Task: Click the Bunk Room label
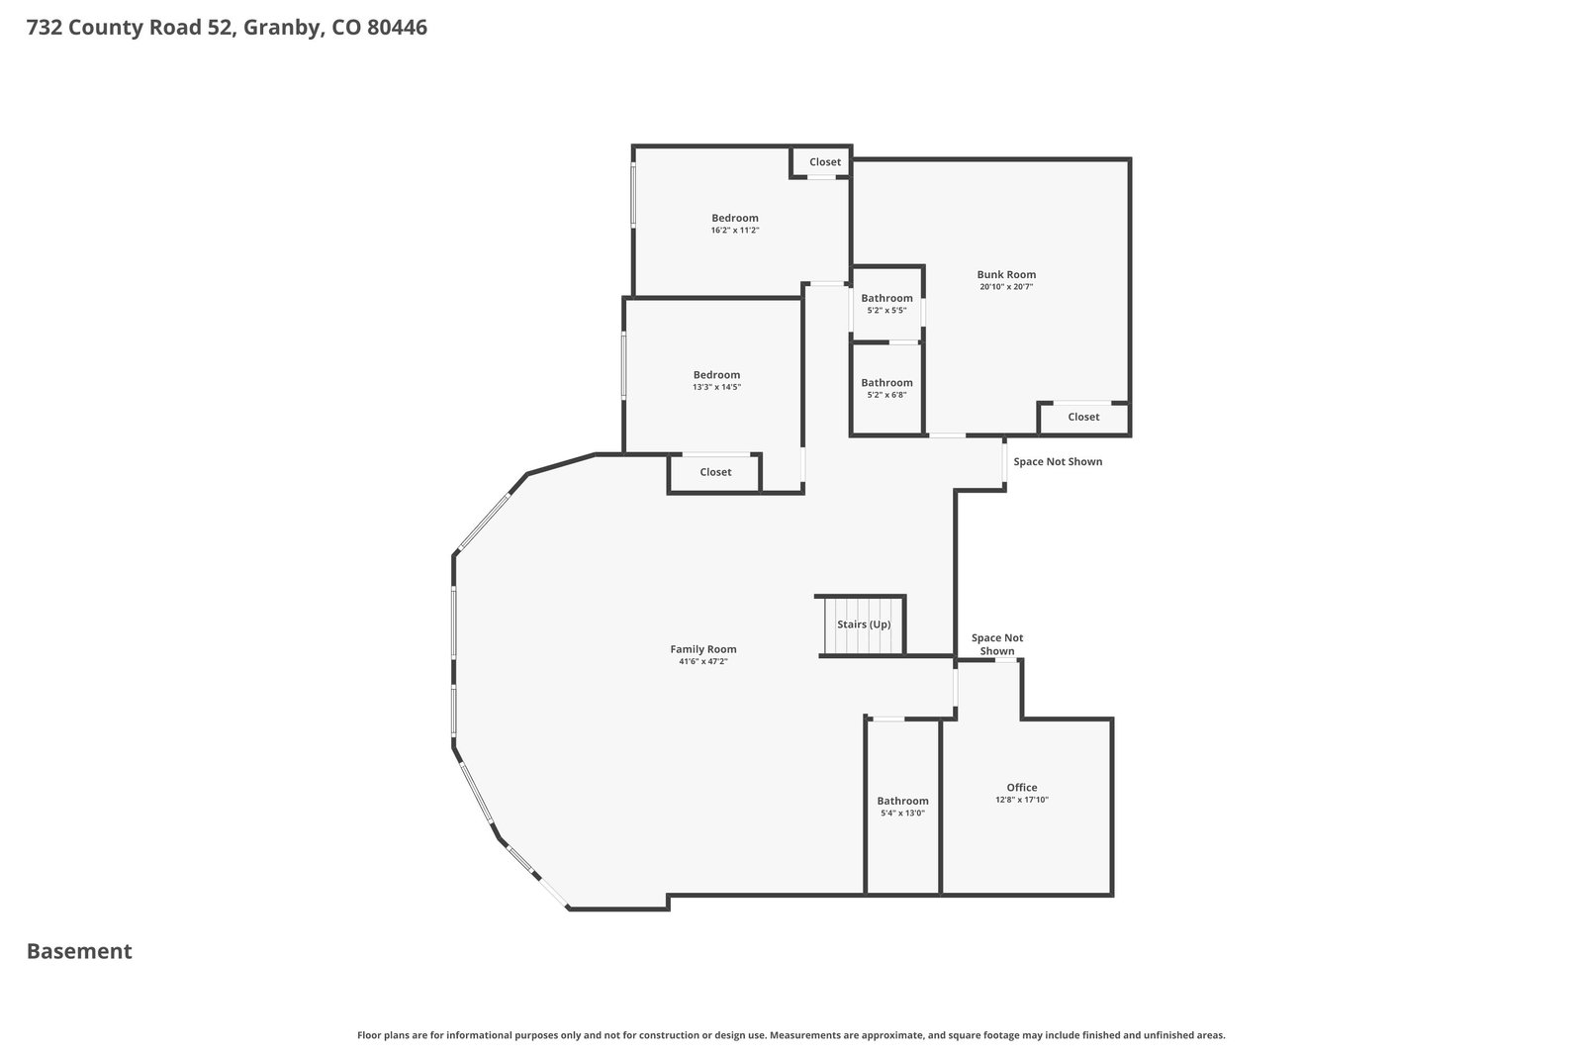(x=1006, y=274)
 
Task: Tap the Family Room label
(x=703, y=649)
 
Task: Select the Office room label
(x=1022, y=788)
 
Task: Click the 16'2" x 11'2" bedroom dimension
(x=735, y=231)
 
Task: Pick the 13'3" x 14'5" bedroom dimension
(x=716, y=387)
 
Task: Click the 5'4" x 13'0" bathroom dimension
(x=902, y=814)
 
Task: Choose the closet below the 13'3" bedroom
(x=715, y=472)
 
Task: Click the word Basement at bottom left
(x=79, y=951)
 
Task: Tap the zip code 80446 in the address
(x=397, y=28)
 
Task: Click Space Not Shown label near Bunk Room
(x=1058, y=461)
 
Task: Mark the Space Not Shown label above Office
(x=997, y=644)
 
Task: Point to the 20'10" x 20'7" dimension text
(x=1006, y=287)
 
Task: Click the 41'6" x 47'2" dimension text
(x=703, y=661)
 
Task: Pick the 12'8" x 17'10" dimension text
(x=1022, y=800)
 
